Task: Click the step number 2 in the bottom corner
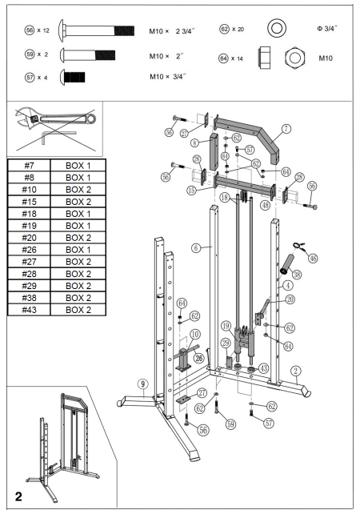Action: pos(18,496)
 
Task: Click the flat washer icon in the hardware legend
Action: pos(278,30)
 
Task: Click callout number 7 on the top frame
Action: pos(286,128)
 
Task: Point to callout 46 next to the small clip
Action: pos(313,259)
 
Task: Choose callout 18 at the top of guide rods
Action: pos(225,197)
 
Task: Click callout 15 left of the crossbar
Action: pos(191,191)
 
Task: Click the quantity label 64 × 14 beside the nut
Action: pos(230,58)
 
